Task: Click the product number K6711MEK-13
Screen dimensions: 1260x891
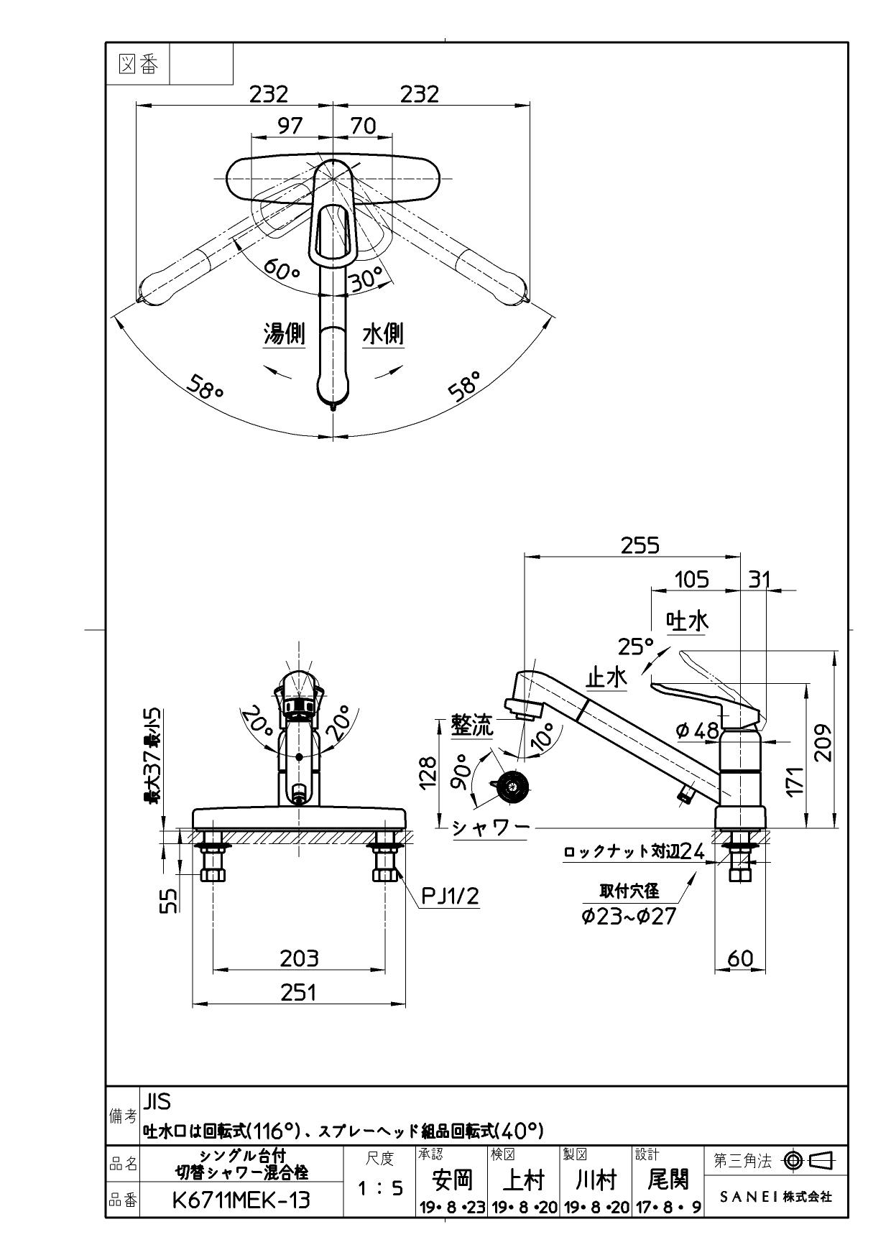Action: (241, 1199)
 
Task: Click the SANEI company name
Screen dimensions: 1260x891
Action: (776, 1197)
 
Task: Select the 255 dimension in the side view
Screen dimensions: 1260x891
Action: (640, 546)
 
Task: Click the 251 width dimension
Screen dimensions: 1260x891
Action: (298, 992)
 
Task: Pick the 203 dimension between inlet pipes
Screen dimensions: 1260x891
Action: (299, 958)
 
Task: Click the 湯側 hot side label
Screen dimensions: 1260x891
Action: (285, 334)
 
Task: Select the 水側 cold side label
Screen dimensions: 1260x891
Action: (383, 334)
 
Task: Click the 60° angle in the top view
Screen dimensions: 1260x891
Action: (280, 271)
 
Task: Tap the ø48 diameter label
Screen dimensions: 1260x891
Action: (697, 731)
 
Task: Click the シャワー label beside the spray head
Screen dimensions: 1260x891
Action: (490, 827)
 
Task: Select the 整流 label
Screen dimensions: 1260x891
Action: (472, 726)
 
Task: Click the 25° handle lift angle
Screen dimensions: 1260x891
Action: (636, 647)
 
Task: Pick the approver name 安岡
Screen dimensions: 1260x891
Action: (452, 1179)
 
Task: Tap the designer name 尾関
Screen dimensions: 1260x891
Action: (668, 1179)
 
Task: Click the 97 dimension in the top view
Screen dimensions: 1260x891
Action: (290, 126)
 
